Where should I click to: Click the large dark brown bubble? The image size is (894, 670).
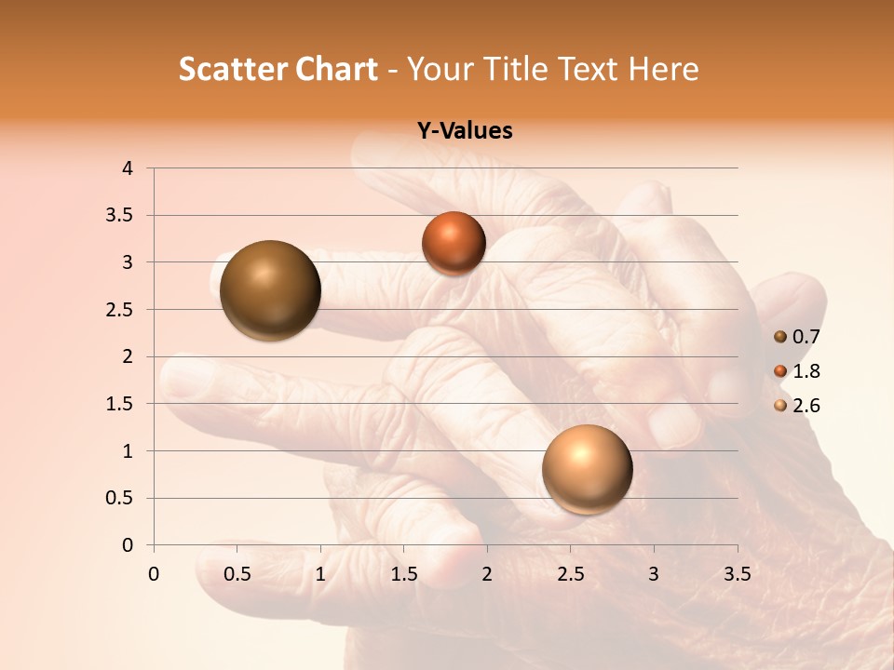pos(270,290)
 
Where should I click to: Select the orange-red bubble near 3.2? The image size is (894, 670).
pos(454,243)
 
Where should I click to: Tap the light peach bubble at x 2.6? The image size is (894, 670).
pos(587,469)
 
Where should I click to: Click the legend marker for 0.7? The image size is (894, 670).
pos(780,337)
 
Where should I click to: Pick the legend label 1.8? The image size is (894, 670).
pos(806,371)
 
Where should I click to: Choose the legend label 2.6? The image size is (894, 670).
pos(806,406)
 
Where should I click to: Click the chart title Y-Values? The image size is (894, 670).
pos(465,131)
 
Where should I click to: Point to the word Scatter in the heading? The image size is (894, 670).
pos(232,69)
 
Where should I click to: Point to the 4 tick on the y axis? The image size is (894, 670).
pos(127,168)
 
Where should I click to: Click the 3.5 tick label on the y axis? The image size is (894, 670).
pos(121,216)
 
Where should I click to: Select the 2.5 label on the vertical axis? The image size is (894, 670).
pos(121,310)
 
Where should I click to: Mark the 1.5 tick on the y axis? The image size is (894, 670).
pos(121,404)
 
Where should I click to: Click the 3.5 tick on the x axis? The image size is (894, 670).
pos(737,573)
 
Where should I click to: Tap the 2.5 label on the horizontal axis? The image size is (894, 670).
pos(570,573)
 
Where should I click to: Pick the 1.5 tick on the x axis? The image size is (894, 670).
pos(403,573)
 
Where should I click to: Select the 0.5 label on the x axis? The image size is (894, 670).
pos(237,573)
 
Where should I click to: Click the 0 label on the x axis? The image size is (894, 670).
pos(154,573)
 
